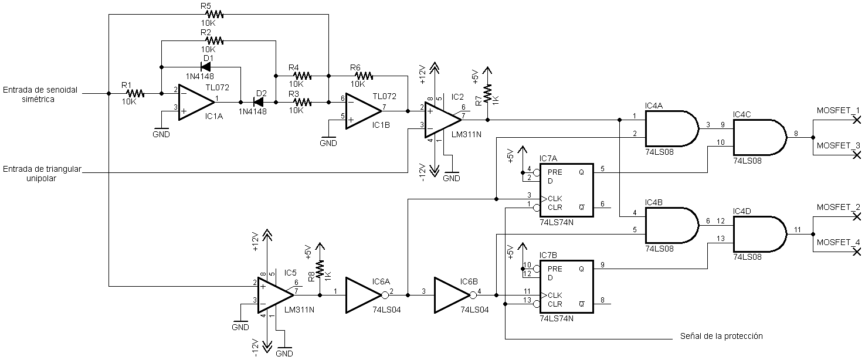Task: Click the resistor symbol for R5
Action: pyautogui.click(x=214, y=14)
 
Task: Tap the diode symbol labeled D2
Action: pyautogui.click(x=259, y=102)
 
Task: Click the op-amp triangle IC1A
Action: pyautogui.click(x=196, y=103)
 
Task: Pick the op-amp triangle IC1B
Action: pyautogui.click(x=364, y=111)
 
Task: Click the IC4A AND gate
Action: pyautogui.click(x=672, y=128)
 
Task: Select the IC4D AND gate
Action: pyautogui.click(x=759, y=234)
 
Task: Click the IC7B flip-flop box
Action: pyautogui.click(x=566, y=287)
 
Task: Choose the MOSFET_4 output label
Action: pyautogui.click(x=838, y=243)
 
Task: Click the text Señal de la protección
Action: pyautogui.click(x=721, y=336)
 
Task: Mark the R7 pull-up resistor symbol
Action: pyautogui.click(x=488, y=94)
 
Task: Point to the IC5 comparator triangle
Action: pyautogui.click(x=275, y=295)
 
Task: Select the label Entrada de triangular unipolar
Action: pyautogui.click(x=42, y=174)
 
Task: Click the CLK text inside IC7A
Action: pyautogui.click(x=555, y=199)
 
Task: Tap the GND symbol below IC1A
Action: pyautogui.click(x=161, y=131)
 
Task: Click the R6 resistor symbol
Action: pyautogui.click(x=364, y=76)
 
